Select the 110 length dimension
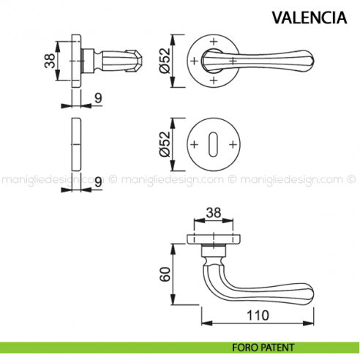point(258,315)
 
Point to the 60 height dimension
point(166,274)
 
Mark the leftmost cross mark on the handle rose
point(194,60)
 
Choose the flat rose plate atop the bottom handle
point(216,236)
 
